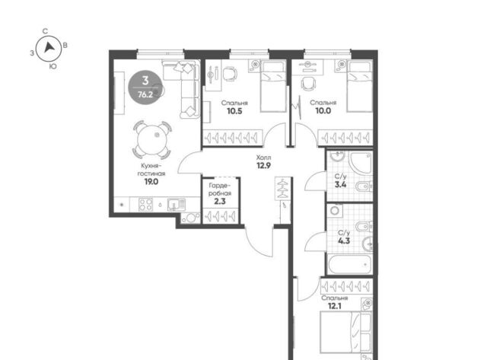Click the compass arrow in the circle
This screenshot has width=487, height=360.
(x=49, y=47)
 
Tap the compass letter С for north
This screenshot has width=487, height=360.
(x=46, y=31)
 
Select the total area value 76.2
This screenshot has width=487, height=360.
(x=145, y=94)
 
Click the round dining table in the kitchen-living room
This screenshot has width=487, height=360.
(x=152, y=139)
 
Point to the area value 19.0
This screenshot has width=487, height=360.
(x=151, y=182)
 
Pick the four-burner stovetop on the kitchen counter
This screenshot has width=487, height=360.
(x=145, y=205)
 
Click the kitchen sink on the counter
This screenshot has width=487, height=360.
(x=177, y=205)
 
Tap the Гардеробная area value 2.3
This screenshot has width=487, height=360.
(x=220, y=201)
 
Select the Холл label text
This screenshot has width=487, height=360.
(x=263, y=158)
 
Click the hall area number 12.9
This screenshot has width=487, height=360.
(x=263, y=165)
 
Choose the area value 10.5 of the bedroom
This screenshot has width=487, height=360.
(x=234, y=111)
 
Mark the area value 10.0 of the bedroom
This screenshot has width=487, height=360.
(x=323, y=110)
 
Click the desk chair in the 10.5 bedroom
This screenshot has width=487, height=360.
(x=230, y=75)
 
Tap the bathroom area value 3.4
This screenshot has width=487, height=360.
(x=340, y=184)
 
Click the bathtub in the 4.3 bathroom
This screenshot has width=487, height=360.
(x=350, y=264)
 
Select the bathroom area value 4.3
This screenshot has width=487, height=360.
(x=344, y=241)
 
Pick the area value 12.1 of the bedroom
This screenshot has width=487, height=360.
(x=335, y=306)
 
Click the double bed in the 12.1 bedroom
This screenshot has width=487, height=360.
(x=345, y=332)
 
